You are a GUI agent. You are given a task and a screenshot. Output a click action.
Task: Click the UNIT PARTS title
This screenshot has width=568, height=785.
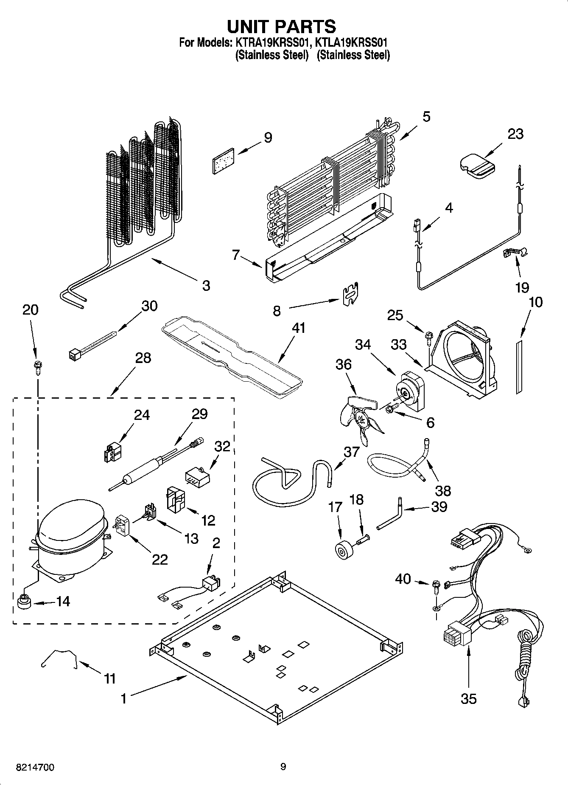coord(282,26)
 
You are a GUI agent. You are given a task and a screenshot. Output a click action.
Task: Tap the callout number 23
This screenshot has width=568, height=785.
coord(515,134)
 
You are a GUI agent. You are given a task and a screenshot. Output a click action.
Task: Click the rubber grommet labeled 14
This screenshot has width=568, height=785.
coord(24,602)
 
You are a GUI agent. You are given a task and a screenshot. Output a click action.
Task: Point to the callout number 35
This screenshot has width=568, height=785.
coord(468,698)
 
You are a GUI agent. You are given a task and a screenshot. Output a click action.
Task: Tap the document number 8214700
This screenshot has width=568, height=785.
coord(34,767)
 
